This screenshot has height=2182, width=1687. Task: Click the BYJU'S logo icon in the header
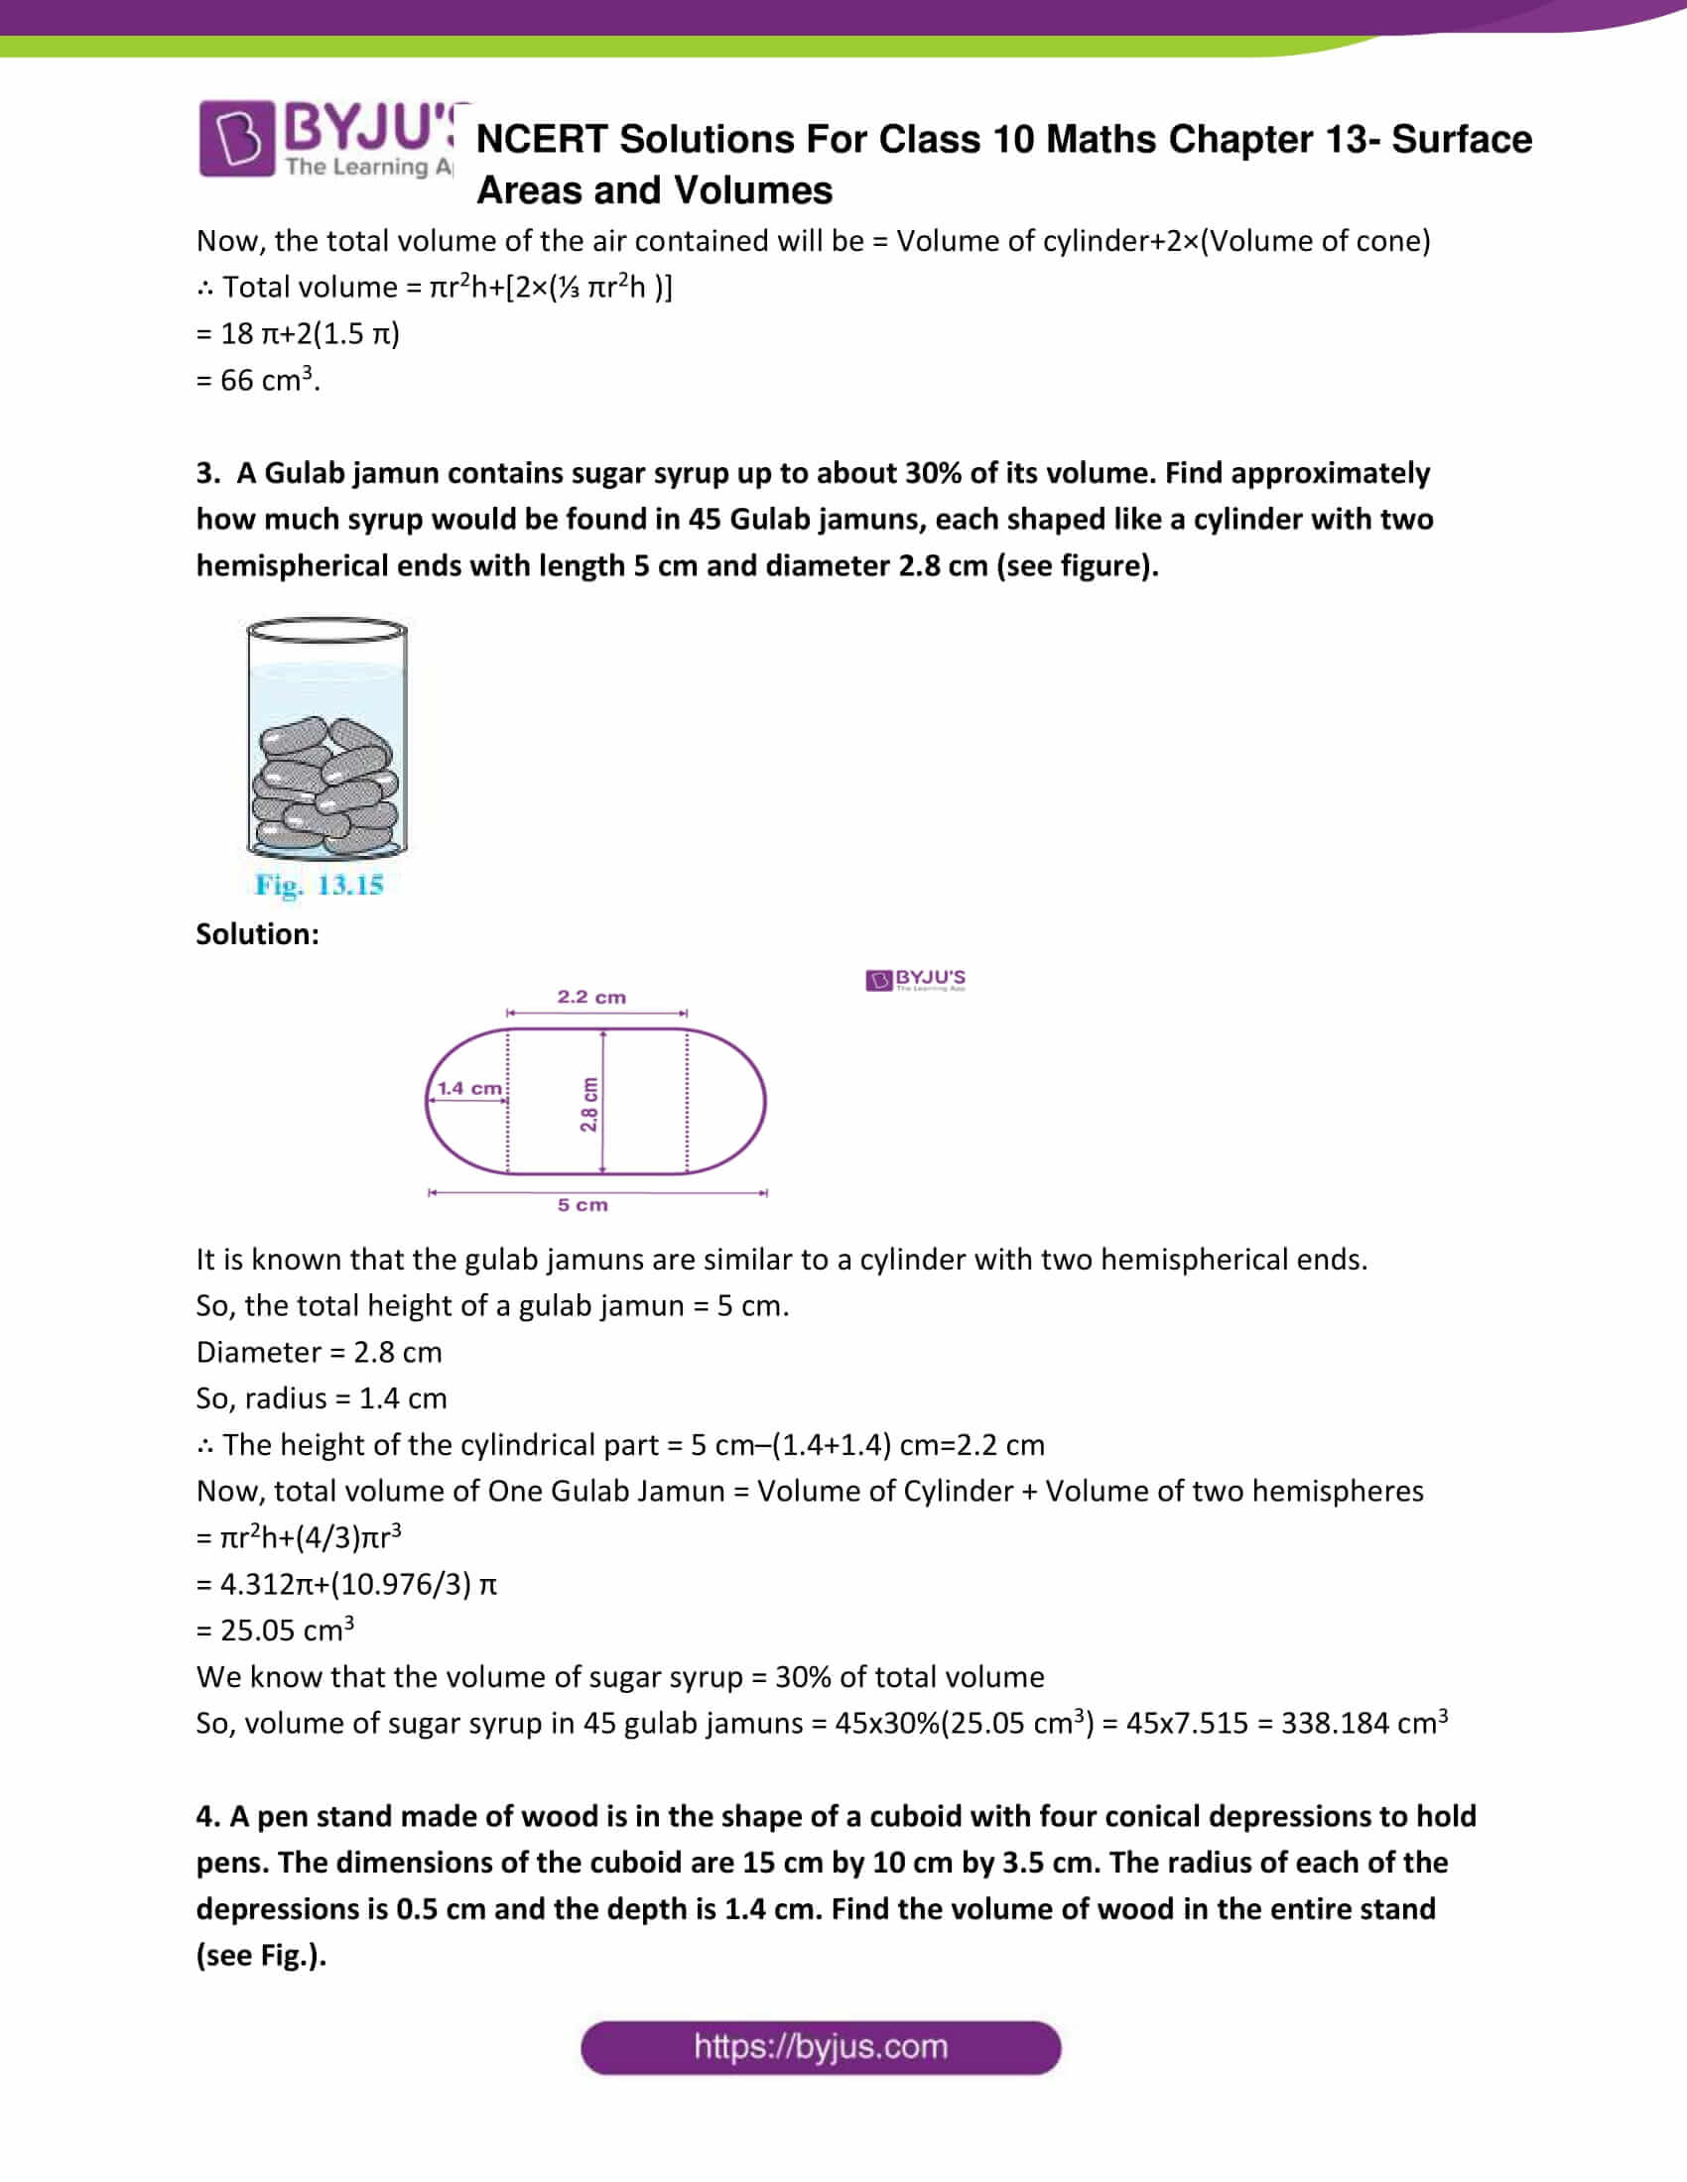click(x=236, y=138)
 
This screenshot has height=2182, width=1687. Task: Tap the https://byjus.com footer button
click(x=820, y=2047)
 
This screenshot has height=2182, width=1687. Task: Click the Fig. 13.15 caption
click(x=319, y=885)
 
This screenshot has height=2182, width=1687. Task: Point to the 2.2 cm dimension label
click(x=591, y=997)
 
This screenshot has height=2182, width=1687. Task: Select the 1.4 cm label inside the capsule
click(x=469, y=1088)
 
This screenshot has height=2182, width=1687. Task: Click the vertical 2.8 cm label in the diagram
click(x=589, y=1104)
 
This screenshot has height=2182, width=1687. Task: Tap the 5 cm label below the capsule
click(x=583, y=1205)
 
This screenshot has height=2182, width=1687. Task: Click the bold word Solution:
click(x=258, y=934)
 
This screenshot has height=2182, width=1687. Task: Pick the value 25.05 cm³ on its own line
click(x=286, y=1631)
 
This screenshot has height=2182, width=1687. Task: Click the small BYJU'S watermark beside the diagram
click(x=916, y=980)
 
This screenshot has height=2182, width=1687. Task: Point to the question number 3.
click(x=206, y=473)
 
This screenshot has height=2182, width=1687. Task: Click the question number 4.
click(x=206, y=1816)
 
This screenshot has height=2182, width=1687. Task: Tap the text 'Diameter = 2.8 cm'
click(x=319, y=1353)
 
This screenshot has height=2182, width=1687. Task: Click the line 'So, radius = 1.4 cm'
click(x=321, y=1398)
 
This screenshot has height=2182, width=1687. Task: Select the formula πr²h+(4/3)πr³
click(x=310, y=1537)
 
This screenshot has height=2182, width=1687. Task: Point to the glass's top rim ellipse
click(x=326, y=631)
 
